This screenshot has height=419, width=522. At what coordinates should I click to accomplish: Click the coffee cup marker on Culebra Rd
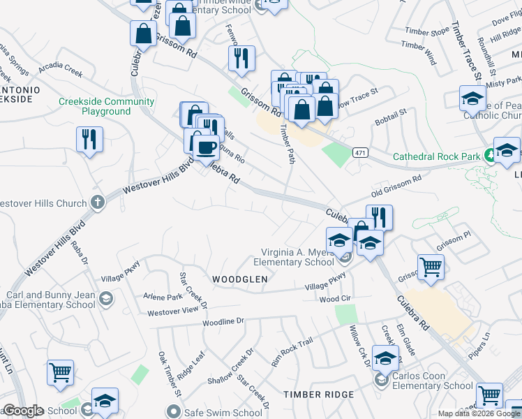[x=206, y=147]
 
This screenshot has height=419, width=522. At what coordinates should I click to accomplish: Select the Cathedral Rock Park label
[x=436, y=156]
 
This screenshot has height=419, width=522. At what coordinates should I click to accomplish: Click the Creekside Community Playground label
[x=106, y=106]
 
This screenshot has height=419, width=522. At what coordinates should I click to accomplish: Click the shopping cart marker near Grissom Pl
[x=431, y=266]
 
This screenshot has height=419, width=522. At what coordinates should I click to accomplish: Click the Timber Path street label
[x=287, y=144]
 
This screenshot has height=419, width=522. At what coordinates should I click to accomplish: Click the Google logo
[x=23, y=411]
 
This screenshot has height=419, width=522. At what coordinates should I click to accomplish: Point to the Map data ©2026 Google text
[x=479, y=413]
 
